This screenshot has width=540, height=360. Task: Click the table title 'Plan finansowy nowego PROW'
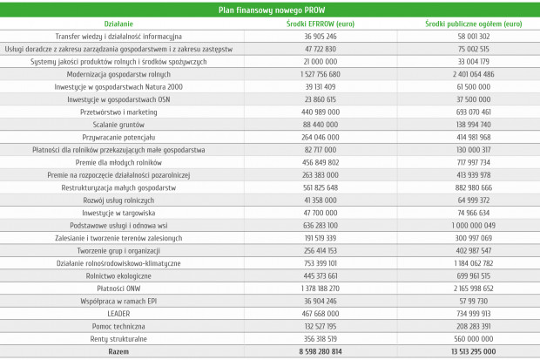(x=272, y=10)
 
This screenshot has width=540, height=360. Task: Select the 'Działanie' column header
(x=118, y=24)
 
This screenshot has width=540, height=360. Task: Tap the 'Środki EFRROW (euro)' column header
(x=321, y=24)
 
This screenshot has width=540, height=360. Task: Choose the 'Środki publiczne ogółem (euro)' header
(x=474, y=24)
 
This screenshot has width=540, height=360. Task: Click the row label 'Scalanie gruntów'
(x=118, y=125)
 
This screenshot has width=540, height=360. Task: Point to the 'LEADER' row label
(x=118, y=314)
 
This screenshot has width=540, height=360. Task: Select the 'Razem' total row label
(x=118, y=352)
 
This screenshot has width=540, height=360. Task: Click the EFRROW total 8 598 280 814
(x=321, y=352)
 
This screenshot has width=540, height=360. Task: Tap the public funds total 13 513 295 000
(x=474, y=352)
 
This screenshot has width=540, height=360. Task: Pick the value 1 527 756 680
(x=321, y=74)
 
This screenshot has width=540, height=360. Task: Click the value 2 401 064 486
(x=474, y=74)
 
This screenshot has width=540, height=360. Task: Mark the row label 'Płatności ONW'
(x=118, y=289)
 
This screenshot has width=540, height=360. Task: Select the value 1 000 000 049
(x=474, y=226)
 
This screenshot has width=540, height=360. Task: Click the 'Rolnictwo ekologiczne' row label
(x=118, y=276)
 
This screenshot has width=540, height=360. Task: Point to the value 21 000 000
(x=321, y=62)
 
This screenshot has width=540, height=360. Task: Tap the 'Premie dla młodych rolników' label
(x=118, y=163)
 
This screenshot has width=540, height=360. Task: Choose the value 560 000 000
(x=474, y=339)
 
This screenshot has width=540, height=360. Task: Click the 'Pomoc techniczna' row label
(x=118, y=327)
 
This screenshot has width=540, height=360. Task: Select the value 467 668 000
(x=321, y=314)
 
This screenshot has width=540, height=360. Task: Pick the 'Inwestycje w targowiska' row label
(x=118, y=213)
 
